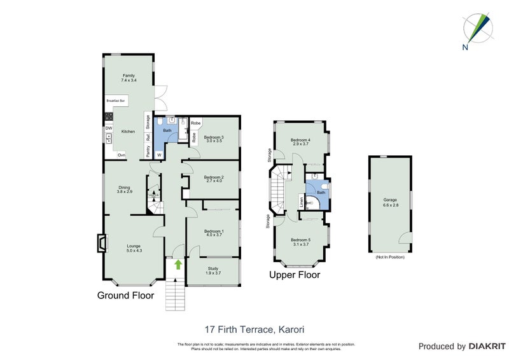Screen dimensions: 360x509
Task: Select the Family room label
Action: pyautogui.click(x=129, y=75)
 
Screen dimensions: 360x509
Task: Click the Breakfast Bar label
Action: pyautogui.click(x=116, y=100)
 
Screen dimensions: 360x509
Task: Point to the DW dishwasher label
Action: pyautogui.click(x=109, y=128)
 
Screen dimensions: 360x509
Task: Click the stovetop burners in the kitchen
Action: pyautogui.click(x=109, y=116)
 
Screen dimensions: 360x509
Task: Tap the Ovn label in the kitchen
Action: pyautogui.click(x=121, y=155)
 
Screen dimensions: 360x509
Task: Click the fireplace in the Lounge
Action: pyautogui.click(x=101, y=244)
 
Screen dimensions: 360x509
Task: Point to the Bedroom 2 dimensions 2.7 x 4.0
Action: pyautogui.click(x=214, y=181)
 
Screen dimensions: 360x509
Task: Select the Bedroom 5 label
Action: pyautogui.click(x=301, y=240)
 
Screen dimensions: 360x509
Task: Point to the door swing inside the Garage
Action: pyautogui.click(x=403, y=238)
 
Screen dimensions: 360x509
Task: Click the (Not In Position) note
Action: pyautogui.click(x=389, y=257)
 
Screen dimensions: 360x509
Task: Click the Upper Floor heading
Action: pyautogui.click(x=294, y=275)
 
